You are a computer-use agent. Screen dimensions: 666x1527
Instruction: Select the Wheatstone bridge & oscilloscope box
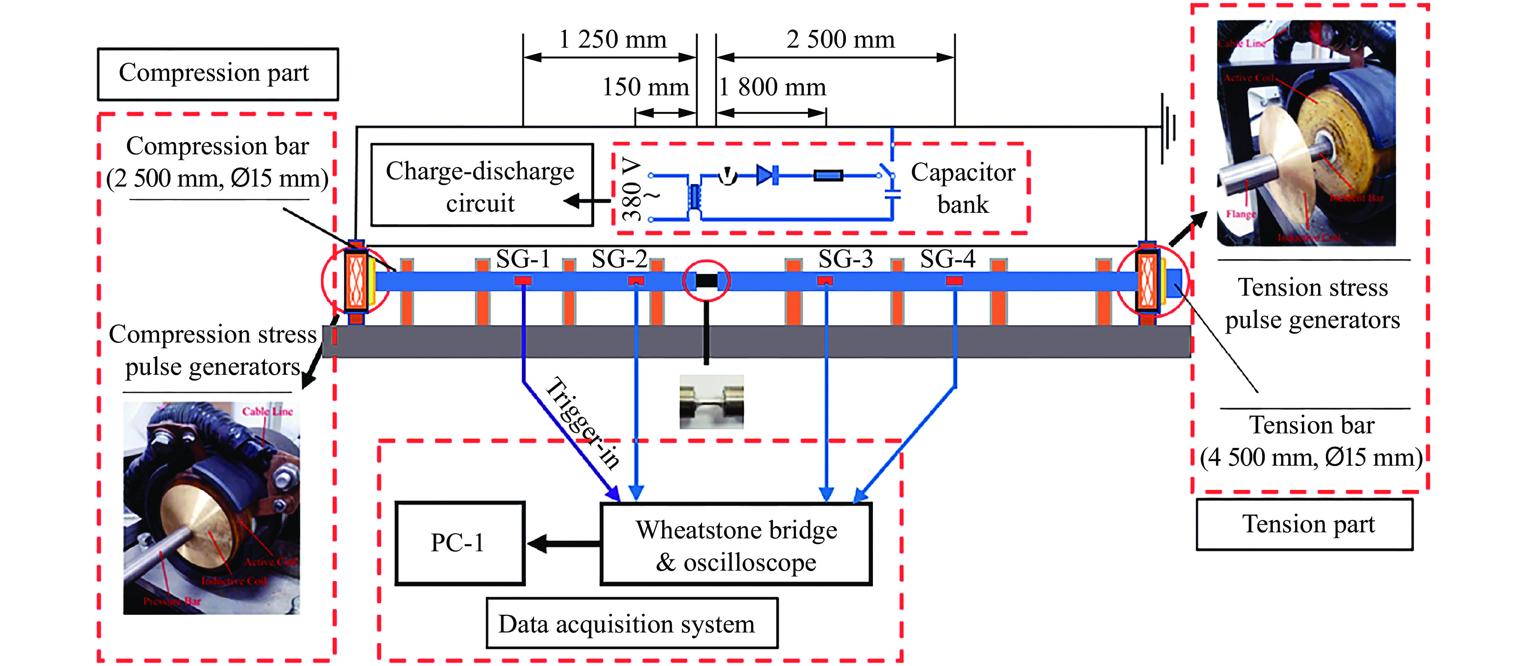tap(736, 544)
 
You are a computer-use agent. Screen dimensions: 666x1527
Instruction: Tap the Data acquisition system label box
tap(631, 623)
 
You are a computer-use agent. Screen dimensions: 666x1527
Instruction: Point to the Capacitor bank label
tap(963, 188)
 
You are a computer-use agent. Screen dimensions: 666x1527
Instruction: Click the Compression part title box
tap(218, 74)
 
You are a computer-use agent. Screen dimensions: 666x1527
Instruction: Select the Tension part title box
tap(1304, 524)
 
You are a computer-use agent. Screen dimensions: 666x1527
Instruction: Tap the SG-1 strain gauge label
tap(523, 259)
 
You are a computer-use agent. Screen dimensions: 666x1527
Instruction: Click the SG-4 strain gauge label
tap(947, 259)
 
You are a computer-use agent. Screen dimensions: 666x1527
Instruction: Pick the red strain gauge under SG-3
tap(825, 280)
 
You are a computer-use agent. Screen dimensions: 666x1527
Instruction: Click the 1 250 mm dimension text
tap(612, 40)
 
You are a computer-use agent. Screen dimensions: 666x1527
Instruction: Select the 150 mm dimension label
tap(646, 87)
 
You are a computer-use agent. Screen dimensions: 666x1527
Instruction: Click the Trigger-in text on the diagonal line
tap(582, 422)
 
